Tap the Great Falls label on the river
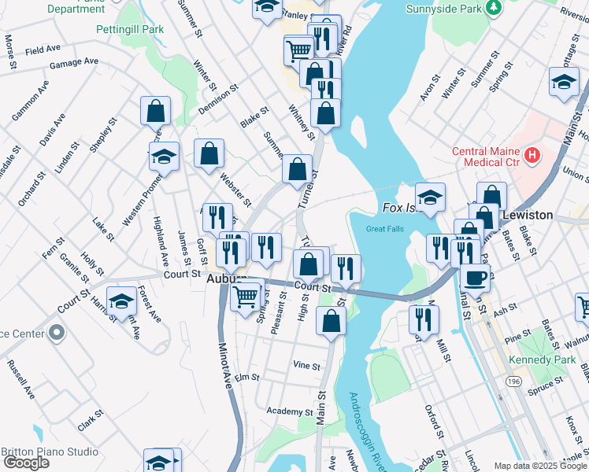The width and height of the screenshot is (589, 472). (x=383, y=229)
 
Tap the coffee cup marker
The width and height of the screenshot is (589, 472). (x=476, y=278)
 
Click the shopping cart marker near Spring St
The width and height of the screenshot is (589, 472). (x=246, y=296)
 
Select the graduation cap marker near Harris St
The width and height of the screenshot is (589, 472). (x=122, y=301)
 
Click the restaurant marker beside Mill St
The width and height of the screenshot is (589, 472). (x=424, y=319)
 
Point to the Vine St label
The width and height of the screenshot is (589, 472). (x=306, y=366)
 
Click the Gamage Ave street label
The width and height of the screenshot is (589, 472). (x=73, y=61)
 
